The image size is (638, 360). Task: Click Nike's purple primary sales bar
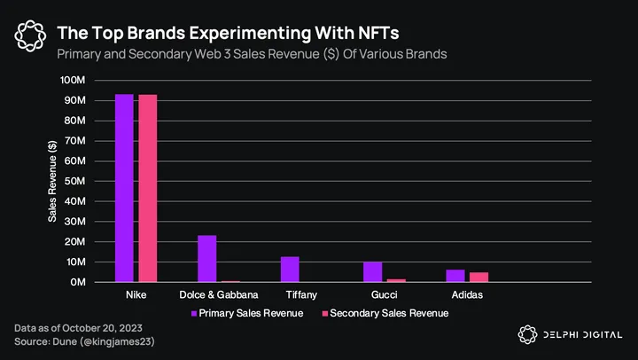[124, 188]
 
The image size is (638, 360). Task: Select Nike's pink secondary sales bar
[147, 188]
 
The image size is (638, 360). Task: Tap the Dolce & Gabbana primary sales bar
[206, 258]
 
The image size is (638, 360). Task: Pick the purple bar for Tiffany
[290, 270]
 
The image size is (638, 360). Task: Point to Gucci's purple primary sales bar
[372, 272]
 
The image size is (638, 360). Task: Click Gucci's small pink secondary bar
[395, 280]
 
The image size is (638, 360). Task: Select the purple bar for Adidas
[455, 276]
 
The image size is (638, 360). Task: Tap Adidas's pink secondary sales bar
[478, 277]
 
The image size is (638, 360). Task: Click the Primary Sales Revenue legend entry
[246, 313]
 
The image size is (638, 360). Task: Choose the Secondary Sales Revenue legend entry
[384, 313]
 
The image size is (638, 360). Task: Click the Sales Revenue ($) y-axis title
[52, 180]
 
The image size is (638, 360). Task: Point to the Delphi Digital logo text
[582, 334]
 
